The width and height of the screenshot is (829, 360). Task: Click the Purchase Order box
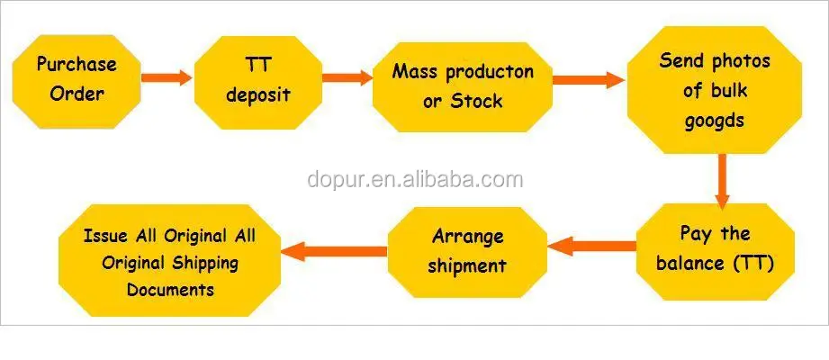tap(77, 81)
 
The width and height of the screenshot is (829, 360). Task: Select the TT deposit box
tap(258, 83)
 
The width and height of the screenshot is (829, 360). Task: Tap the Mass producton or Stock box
tap(463, 87)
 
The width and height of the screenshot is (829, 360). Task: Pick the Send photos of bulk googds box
tap(715, 90)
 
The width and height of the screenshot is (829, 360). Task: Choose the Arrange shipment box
tap(467, 252)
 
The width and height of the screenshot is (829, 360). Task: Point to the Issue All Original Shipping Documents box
tap(170, 261)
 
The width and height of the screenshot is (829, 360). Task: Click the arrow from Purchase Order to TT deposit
tap(167, 77)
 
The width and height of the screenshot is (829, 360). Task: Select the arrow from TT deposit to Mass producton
tap(347, 77)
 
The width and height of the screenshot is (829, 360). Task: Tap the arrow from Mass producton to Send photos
tap(589, 80)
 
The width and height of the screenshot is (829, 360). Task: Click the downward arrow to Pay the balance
tap(722, 181)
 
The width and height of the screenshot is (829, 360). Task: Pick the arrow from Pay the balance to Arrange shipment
tap(592, 246)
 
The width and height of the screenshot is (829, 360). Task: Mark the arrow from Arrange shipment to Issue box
tap(334, 250)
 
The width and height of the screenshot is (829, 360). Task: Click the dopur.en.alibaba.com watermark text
tap(415, 180)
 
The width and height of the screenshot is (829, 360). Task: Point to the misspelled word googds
tap(715, 121)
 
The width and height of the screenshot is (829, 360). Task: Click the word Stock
tap(475, 101)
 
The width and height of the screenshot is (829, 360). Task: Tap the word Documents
tap(171, 290)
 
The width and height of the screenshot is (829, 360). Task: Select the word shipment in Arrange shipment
tap(467, 265)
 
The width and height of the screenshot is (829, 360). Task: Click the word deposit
tap(258, 95)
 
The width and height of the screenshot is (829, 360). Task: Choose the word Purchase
tap(77, 65)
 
